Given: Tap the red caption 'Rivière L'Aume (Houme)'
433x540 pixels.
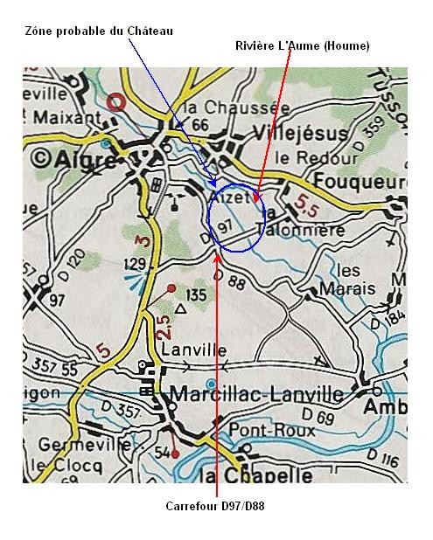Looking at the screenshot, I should click(303, 45).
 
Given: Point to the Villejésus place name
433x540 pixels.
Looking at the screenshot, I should click(300, 134).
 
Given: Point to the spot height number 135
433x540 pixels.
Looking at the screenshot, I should click(196, 295).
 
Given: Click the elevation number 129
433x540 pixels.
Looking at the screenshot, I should click(133, 263).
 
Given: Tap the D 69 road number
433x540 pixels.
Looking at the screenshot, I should click(324, 419).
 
